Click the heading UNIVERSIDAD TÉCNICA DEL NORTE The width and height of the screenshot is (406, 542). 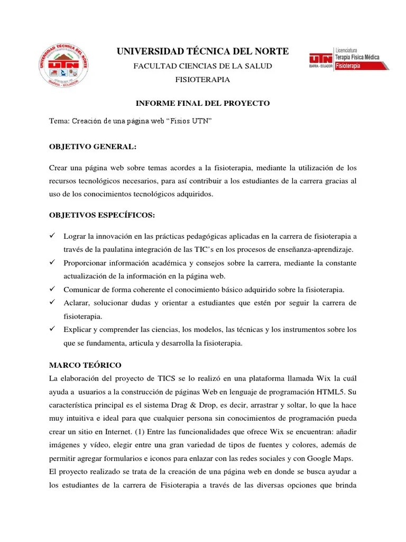coord(202,51)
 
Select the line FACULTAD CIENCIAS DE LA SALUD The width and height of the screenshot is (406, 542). coord(202,66)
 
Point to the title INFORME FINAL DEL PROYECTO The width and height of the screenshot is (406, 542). coord(203,103)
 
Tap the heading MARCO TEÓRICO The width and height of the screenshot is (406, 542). coord(85,365)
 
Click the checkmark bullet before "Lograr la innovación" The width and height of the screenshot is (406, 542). coord(53,236)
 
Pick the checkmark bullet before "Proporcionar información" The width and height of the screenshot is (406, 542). coord(53,263)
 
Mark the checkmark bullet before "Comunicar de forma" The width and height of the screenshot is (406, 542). coord(53,289)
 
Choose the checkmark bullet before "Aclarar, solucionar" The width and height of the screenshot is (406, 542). coord(53,302)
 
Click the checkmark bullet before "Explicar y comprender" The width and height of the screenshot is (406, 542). coord(53,329)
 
